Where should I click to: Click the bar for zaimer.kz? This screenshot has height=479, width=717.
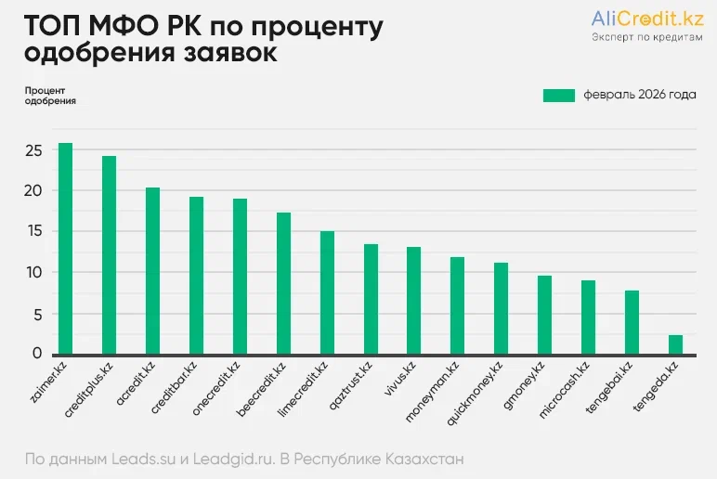pos(65,249)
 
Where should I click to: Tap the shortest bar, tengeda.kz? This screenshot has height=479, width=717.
pos(675,344)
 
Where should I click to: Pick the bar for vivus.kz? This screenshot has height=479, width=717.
pos(413,300)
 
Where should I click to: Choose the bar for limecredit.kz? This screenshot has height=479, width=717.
pos(327,292)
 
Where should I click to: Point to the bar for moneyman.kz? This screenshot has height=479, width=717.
pos(457,305)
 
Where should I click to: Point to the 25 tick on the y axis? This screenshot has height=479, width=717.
pos(34,150)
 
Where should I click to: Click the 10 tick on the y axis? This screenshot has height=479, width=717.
pos(34,272)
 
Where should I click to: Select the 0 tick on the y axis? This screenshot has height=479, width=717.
pos(38,353)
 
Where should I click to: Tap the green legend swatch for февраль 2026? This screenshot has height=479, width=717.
pos(559,95)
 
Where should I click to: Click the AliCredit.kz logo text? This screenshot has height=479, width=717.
pos(646,18)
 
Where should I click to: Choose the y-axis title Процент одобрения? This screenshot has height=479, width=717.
pos(44,96)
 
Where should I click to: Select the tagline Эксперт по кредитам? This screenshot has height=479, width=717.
pos(646,37)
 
